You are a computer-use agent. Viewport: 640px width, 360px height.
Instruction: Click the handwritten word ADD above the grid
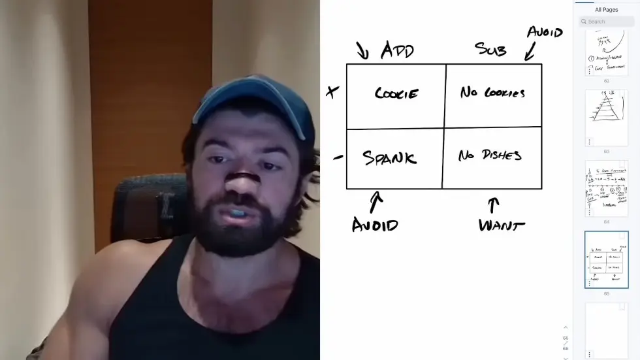[x=397, y=50]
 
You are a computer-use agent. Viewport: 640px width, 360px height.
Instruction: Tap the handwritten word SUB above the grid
[x=490, y=49]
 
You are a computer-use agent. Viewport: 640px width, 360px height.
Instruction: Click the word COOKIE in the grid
[x=396, y=93]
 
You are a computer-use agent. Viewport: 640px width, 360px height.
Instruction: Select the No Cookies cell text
[x=492, y=93]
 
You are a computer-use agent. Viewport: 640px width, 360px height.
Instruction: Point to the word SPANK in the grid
[x=389, y=157]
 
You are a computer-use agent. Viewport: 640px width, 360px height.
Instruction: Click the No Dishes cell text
[x=490, y=155]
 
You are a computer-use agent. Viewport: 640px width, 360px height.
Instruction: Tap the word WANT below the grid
[x=502, y=226]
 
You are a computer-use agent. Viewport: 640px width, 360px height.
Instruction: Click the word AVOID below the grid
[x=375, y=225]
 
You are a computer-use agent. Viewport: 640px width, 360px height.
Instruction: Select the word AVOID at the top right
[x=545, y=32]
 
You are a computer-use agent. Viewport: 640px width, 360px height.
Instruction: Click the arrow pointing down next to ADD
[x=362, y=50]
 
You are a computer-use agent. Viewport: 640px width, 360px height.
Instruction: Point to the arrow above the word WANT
[x=494, y=205]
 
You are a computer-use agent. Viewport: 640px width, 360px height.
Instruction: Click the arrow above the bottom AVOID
[x=376, y=202]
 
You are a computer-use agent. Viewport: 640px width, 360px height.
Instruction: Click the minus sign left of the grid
[x=338, y=157]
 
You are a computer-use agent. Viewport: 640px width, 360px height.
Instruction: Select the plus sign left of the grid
[x=332, y=92]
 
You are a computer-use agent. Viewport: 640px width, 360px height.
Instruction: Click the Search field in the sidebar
[x=607, y=22]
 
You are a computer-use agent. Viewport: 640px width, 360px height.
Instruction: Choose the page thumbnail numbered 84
[x=606, y=188]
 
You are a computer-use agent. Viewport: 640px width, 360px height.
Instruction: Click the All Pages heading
[x=606, y=10]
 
